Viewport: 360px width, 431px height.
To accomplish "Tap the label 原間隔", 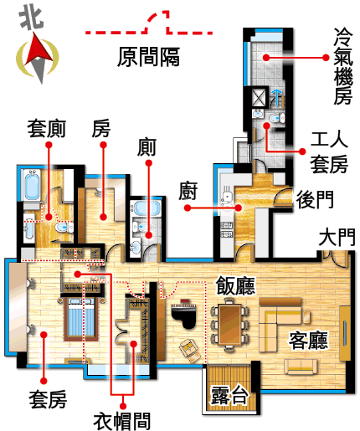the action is [x=148, y=57].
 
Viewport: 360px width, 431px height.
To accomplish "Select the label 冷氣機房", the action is [x=343, y=66].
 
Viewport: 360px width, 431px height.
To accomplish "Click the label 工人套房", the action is [x=329, y=152].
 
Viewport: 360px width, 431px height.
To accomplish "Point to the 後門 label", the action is [x=315, y=199].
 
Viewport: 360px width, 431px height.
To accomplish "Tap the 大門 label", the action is [x=337, y=238].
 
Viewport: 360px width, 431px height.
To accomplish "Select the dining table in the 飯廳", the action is [x=230, y=324].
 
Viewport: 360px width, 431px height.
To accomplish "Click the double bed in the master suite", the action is [x=81, y=319].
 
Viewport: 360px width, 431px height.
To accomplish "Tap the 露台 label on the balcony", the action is [x=229, y=395].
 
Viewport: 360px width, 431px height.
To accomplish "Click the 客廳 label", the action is [x=308, y=340].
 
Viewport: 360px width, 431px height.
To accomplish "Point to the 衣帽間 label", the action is [x=122, y=421].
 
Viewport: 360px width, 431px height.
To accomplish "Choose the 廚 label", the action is [x=188, y=191].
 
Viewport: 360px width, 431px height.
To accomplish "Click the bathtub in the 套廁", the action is [x=32, y=185].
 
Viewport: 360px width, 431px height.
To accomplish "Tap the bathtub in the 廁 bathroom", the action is [x=147, y=208].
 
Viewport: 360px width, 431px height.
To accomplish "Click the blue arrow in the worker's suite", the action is [x=276, y=97].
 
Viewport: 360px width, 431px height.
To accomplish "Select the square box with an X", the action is [x=259, y=97].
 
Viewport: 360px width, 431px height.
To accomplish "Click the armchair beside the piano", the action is [x=190, y=350].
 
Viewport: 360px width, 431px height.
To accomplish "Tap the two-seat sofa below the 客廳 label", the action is [x=301, y=367].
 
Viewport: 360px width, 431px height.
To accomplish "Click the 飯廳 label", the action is [x=235, y=285].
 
